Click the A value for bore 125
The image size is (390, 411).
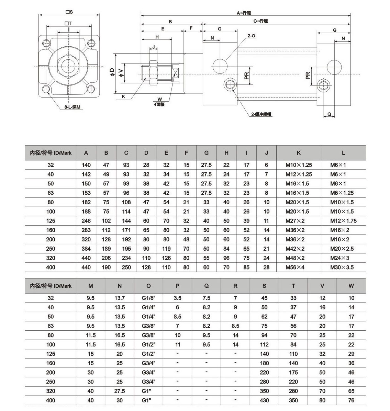tap(86, 221)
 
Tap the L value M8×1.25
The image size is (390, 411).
tap(342, 193)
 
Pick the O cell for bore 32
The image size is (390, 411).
tap(148, 298)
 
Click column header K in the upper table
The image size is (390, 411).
tap(298, 153)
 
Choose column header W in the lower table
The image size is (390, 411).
tap(351, 286)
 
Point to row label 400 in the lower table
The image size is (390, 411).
tap(51, 400)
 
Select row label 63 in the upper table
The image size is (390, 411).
tap(51, 193)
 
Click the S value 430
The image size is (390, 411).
tap(264, 400)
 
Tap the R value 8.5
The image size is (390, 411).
tap(235, 326)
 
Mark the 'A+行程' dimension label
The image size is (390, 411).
tap(244, 13)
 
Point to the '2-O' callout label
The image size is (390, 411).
tap(251, 36)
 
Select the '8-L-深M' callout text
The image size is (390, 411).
tap(72, 107)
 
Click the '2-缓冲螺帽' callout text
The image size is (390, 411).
tap(261, 114)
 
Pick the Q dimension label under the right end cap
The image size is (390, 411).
tap(329, 114)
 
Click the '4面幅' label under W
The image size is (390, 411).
tap(159, 104)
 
